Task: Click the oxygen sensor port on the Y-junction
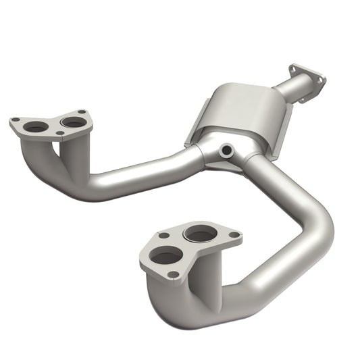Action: coord(226,150)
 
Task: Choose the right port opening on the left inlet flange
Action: coord(71,122)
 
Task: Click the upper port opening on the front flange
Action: coord(201,234)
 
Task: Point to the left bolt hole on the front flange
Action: coord(163,236)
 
